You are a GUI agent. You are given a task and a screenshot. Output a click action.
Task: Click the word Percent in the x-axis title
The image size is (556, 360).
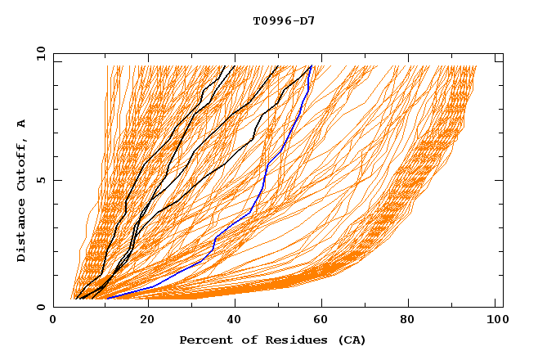(x=204, y=340)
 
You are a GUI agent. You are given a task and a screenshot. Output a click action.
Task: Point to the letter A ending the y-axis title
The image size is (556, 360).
(x=21, y=123)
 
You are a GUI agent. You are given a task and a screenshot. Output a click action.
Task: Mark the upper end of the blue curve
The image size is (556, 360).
(x=312, y=67)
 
